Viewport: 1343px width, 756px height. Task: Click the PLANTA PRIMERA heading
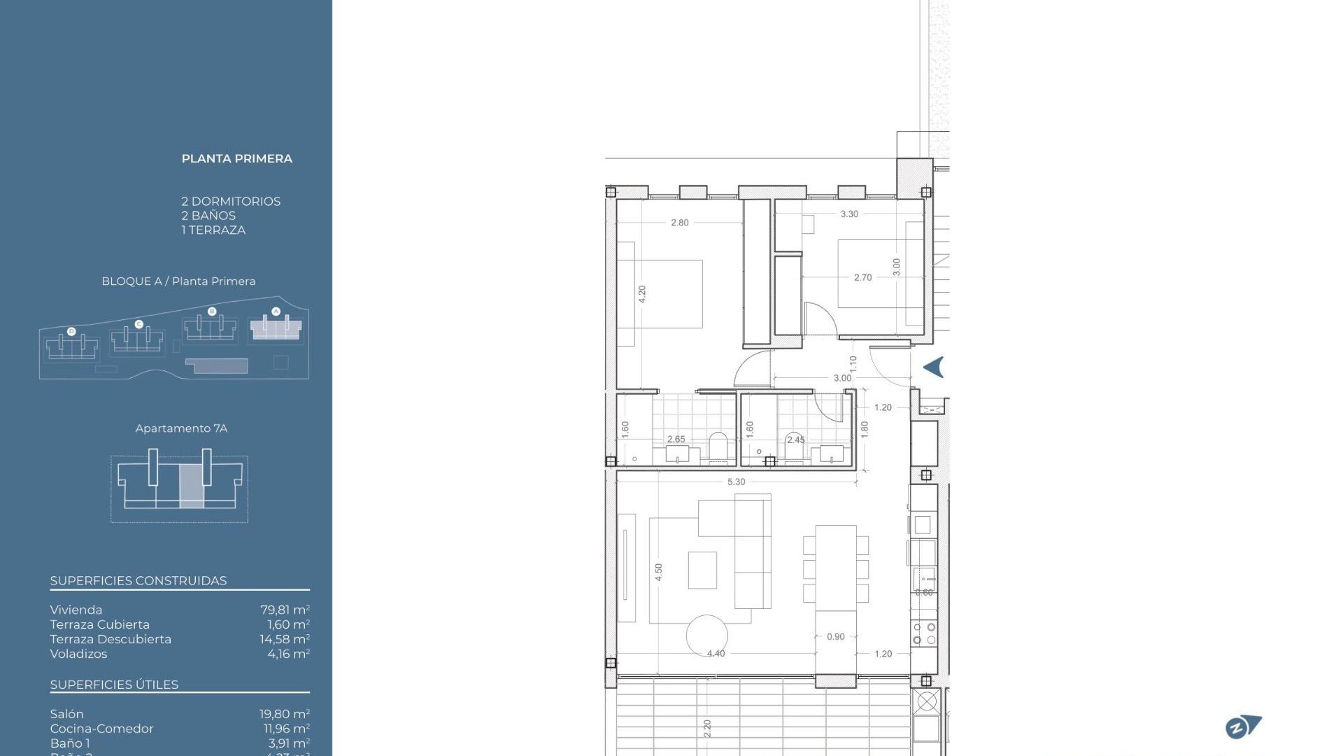click(x=236, y=159)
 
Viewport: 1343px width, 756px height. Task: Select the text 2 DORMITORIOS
click(x=231, y=202)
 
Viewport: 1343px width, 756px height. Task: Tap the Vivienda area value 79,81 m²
click(x=285, y=610)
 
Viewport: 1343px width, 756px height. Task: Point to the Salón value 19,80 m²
click(x=284, y=714)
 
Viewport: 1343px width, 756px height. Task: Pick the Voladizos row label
click(x=78, y=654)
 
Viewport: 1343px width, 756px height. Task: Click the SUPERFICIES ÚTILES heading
click(x=114, y=685)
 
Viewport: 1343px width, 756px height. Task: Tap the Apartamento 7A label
click(x=181, y=428)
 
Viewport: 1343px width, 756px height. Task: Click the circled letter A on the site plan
click(x=276, y=311)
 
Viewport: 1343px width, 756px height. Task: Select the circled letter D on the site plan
click(x=71, y=331)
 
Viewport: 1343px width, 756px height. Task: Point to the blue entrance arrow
click(x=934, y=367)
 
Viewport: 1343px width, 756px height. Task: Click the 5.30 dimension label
click(x=736, y=482)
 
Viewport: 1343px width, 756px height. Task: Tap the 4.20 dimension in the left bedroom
click(x=642, y=294)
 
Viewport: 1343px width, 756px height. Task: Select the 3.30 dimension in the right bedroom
click(x=849, y=214)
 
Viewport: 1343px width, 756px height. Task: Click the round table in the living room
click(x=706, y=636)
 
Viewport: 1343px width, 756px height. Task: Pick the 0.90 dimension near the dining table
click(x=835, y=637)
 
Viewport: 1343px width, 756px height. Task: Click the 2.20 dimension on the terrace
click(x=707, y=729)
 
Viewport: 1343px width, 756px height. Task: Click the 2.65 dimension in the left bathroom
click(x=676, y=440)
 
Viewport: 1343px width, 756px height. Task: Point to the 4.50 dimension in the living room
click(x=658, y=573)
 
